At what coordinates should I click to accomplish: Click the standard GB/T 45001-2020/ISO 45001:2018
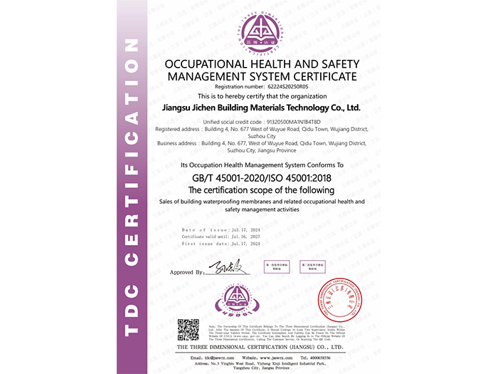pos(260,178)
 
